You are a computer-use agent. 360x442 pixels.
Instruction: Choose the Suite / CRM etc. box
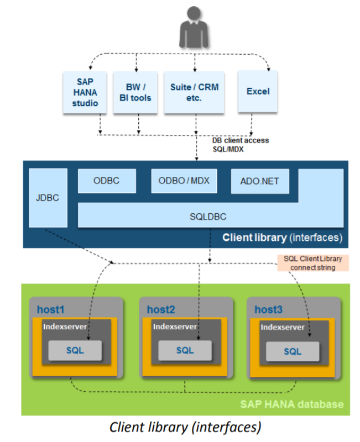(x=194, y=92)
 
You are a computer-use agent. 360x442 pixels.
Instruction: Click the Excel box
(x=258, y=91)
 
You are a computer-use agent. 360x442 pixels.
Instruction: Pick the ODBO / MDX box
(x=183, y=181)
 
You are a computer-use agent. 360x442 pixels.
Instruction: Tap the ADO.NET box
(x=258, y=181)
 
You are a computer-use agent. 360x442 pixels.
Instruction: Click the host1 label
(x=51, y=309)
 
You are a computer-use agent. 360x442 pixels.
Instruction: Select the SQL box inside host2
(x=185, y=350)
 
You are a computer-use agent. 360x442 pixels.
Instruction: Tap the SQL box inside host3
(x=293, y=351)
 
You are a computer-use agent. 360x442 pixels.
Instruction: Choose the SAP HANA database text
(x=291, y=404)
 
